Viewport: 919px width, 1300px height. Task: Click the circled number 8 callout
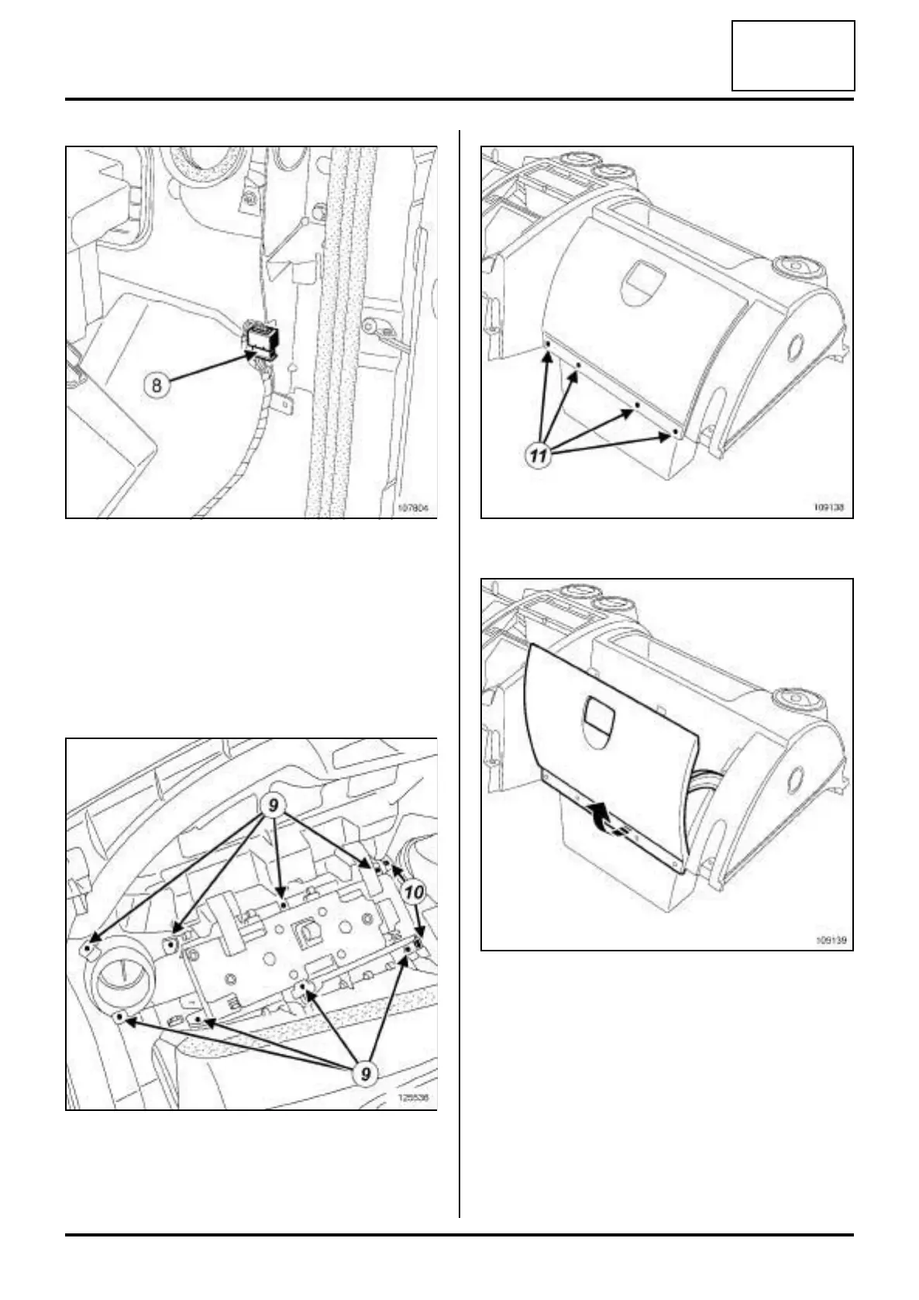157,384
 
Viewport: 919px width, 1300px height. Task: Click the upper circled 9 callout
273,806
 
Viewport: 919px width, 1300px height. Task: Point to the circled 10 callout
415,892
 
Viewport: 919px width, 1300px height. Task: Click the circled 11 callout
539,456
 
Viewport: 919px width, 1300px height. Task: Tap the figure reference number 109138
828,509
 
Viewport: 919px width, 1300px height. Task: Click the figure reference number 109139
828,941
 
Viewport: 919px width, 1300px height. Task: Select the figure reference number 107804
412,509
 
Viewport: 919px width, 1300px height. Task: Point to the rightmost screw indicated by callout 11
676,434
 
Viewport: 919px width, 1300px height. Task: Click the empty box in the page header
793,56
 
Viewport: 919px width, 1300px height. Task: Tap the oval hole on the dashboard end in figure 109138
793,346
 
